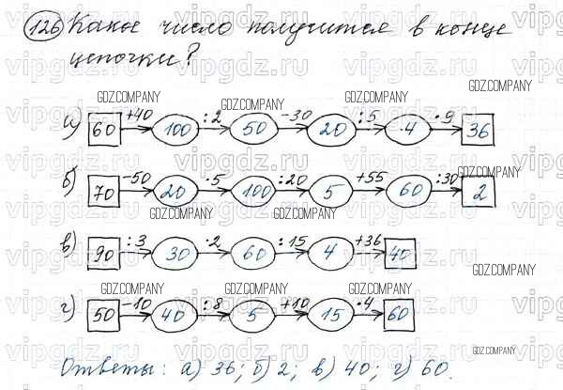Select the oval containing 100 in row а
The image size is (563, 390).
coord(175,132)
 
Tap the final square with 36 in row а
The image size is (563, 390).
coord(480,131)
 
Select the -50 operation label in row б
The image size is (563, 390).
coord(139,177)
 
